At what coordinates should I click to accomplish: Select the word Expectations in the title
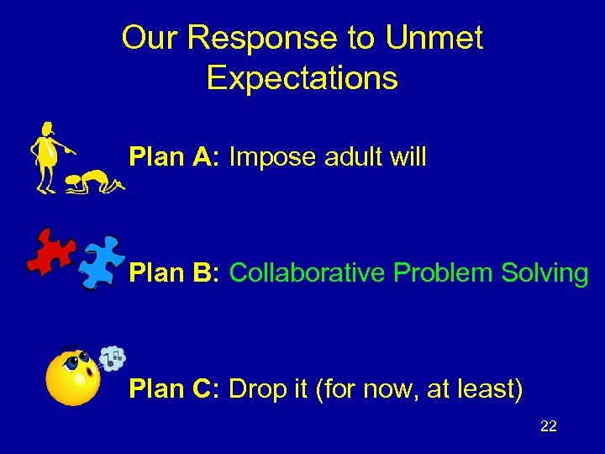pos(302,77)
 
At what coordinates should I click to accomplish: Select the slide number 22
pos(548,427)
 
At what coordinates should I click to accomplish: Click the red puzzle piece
pos(50,251)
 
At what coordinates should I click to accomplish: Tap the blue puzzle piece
pos(101,261)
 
